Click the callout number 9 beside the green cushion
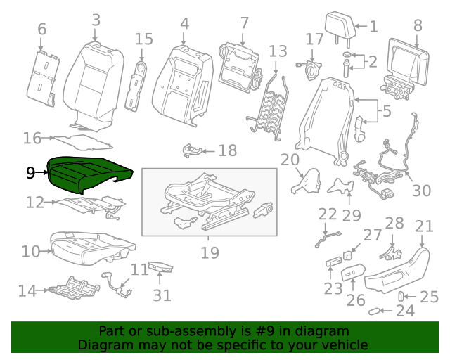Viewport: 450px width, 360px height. point(30,172)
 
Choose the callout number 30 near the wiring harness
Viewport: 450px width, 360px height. point(422,190)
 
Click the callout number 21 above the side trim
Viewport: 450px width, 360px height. point(424,226)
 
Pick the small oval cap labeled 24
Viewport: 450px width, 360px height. point(377,310)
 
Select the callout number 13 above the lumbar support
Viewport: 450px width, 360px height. point(278,51)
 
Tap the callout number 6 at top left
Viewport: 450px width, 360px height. point(41,30)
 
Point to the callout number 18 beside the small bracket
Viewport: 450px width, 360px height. point(227,150)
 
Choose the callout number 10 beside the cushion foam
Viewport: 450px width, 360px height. point(30,251)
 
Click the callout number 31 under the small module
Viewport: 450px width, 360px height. point(162,295)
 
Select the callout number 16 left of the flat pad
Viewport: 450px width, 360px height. point(32,138)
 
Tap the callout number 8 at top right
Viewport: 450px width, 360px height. point(418,25)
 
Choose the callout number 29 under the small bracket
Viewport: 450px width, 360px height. point(351,215)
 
